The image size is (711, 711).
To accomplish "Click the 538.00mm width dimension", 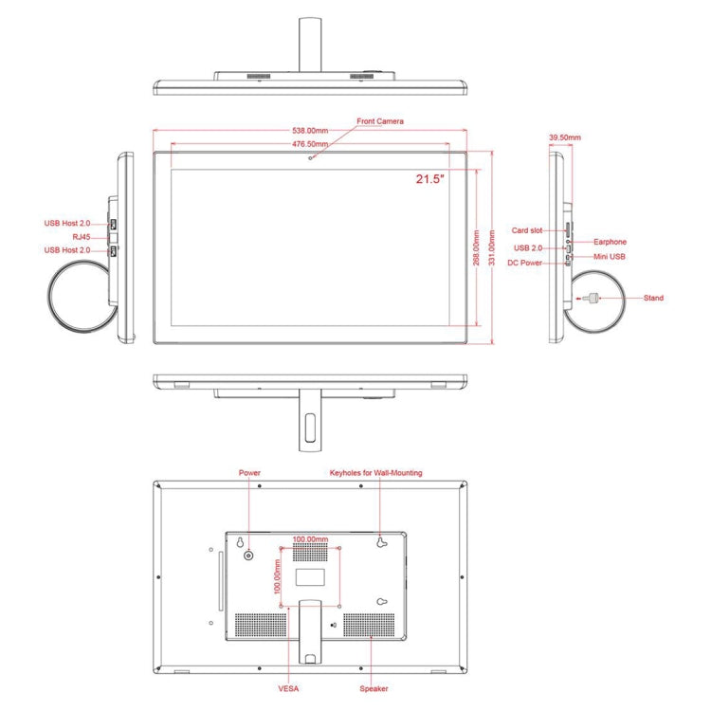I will (x=309, y=131).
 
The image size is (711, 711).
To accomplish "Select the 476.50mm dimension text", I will (x=309, y=144).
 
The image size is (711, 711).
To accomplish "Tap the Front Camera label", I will (x=380, y=121).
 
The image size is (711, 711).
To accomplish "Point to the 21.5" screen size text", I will (x=429, y=178).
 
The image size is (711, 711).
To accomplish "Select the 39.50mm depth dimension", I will (x=565, y=137).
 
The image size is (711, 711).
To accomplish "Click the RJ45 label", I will (x=82, y=236).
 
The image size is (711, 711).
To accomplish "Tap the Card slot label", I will (x=527, y=229).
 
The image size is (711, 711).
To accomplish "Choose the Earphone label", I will (x=611, y=242).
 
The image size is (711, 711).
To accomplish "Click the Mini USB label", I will (x=610, y=256).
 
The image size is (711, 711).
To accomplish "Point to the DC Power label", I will (x=524, y=263).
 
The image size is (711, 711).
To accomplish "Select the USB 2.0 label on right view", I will (x=528, y=248).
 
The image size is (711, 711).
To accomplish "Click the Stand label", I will (x=653, y=299).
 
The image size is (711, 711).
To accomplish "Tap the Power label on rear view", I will (x=249, y=472).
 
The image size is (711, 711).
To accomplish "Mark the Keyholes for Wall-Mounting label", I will (x=375, y=472).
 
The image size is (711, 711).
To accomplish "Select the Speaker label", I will (x=374, y=689).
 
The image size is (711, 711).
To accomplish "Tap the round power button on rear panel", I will (x=249, y=555).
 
